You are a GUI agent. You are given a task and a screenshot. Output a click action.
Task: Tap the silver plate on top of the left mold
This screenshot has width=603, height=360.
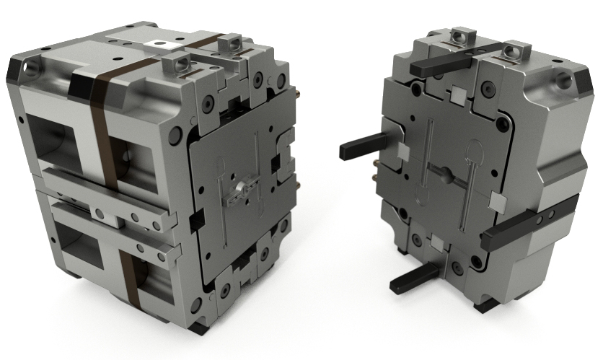[163, 43]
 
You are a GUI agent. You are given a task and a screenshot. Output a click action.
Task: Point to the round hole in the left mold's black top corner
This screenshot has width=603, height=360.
[30, 69]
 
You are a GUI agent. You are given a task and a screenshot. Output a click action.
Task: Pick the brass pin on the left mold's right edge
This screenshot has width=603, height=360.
[296, 93]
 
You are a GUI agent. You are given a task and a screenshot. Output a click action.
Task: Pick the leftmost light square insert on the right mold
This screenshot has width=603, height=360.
[403, 152]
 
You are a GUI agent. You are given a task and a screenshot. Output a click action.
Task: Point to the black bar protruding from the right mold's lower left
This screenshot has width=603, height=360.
[413, 278]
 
